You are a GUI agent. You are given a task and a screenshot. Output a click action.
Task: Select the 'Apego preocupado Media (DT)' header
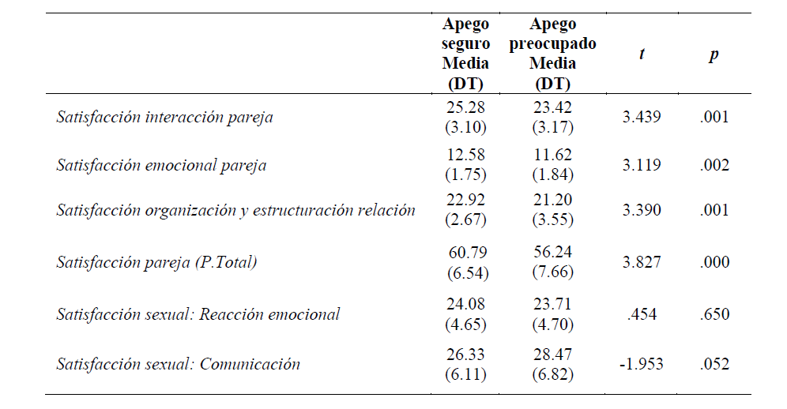552,54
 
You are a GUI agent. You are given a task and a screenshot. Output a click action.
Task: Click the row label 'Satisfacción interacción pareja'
164,118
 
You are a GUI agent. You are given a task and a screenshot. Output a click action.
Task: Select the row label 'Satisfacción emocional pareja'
161,165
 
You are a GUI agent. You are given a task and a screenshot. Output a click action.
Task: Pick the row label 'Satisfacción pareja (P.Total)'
156,263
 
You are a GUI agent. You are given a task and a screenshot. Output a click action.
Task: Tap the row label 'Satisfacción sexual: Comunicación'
178,364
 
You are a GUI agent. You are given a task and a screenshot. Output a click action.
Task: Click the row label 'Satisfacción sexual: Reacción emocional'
198,314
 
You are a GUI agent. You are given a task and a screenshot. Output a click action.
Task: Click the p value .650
714,314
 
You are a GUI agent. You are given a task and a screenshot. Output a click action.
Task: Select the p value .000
714,263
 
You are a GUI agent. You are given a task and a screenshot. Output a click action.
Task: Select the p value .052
714,364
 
